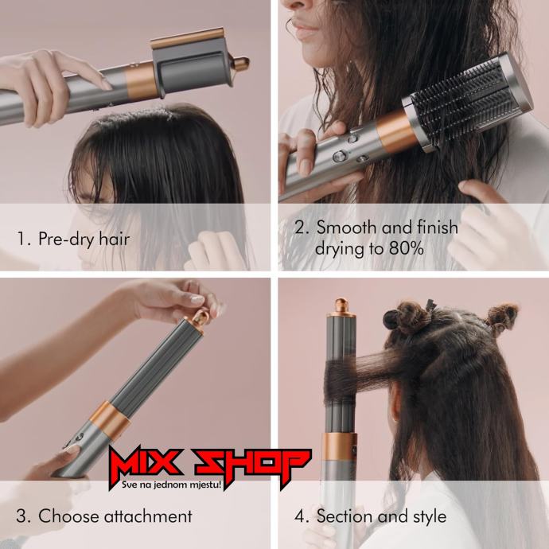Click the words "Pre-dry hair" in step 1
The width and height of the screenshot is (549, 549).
coord(84,239)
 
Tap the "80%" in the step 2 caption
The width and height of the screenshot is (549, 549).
coord(406,248)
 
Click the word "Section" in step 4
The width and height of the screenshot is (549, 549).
coord(345,516)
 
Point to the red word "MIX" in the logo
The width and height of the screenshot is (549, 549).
coord(146,463)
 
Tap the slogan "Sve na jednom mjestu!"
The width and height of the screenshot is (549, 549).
coord(172,485)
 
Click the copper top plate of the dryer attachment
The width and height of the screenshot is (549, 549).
coord(187,39)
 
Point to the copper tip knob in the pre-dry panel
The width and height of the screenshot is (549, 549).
coord(242,64)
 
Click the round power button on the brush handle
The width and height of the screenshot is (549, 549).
coord(340,156)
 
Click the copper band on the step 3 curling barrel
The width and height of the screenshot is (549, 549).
coord(109,420)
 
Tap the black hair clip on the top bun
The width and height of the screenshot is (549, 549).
coord(430,306)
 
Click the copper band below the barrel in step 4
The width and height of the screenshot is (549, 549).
coord(340,447)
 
